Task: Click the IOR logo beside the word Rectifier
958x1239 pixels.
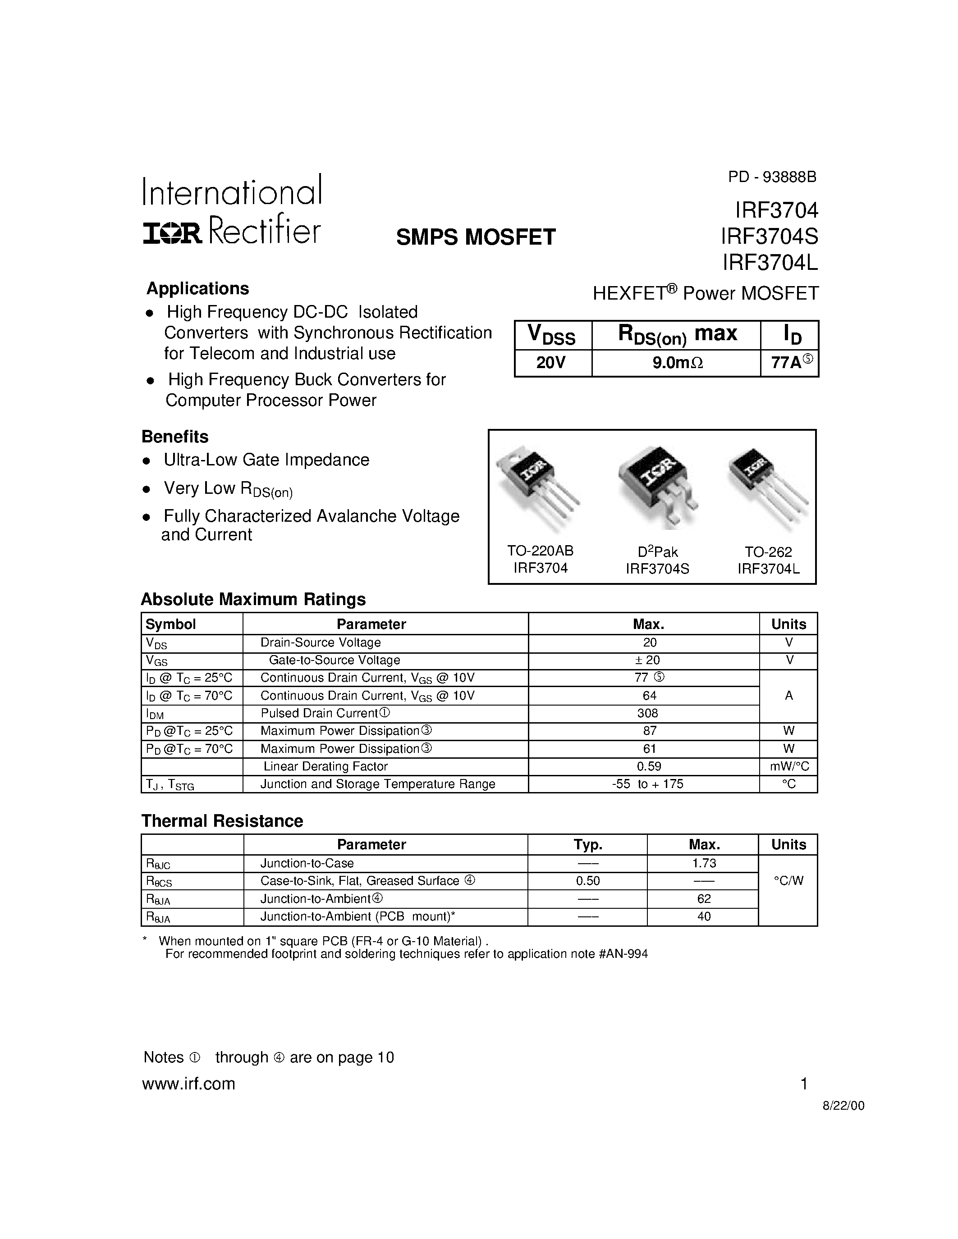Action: tap(172, 232)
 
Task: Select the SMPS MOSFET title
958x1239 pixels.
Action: tap(476, 237)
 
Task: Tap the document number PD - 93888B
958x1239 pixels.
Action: tap(772, 178)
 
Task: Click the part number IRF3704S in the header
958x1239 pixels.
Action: tap(770, 237)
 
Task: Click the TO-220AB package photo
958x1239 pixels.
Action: tap(536, 487)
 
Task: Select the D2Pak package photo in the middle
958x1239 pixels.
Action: tap(657, 485)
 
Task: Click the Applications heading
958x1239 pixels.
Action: tap(197, 289)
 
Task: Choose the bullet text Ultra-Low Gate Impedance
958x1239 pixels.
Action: tap(266, 460)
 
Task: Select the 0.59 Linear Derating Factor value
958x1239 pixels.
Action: tap(649, 766)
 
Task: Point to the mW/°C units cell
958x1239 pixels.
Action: tap(789, 766)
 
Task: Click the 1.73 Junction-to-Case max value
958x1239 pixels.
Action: tap(704, 863)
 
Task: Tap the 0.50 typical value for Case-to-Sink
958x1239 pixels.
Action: tap(588, 881)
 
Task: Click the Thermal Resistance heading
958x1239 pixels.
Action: tap(222, 821)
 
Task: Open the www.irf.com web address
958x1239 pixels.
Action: tap(188, 1084)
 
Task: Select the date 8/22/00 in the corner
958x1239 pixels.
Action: tap(843, 1106)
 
